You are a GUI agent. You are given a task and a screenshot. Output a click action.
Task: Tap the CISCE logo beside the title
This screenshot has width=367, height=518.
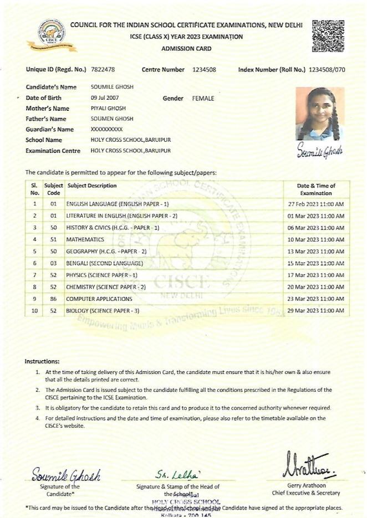point(50,35)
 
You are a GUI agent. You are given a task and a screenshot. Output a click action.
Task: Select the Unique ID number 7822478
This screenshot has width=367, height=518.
point(104,70)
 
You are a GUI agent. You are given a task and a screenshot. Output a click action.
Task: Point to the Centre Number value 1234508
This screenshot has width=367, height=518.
point(204,70)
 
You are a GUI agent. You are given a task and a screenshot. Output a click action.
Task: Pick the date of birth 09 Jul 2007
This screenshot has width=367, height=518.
point(105,98)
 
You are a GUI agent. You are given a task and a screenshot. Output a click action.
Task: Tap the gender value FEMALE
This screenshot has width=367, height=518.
point(203,98)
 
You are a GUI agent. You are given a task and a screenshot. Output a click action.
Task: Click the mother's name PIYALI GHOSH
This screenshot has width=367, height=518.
point(108,109)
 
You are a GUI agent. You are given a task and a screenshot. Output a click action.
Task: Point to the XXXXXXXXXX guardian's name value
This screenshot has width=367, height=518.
point(106,130)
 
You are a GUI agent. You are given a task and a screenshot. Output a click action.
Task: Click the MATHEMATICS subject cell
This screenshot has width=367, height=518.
point(85,239)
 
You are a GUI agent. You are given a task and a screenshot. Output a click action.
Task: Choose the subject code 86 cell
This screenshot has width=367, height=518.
point(54,299)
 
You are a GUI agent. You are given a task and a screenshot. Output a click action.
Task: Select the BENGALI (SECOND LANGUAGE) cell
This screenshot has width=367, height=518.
point(104,263)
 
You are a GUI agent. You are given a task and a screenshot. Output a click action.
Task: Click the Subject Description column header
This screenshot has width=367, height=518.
point(91,186)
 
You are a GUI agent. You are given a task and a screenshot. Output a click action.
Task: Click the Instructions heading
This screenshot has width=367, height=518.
point(42,361)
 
